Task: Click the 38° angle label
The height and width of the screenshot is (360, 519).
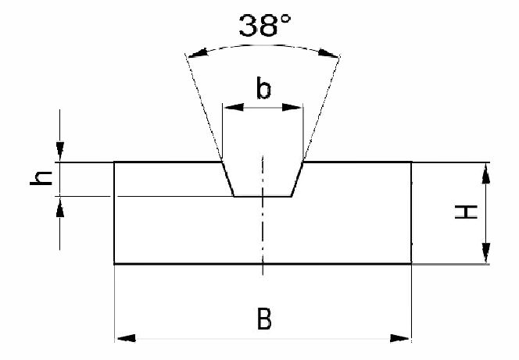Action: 264,26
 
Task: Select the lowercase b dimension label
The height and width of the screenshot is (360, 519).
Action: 264,88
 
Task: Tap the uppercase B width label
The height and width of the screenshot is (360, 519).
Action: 264,319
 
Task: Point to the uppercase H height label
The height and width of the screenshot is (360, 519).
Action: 466,212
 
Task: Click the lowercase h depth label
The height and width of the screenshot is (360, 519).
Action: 41,178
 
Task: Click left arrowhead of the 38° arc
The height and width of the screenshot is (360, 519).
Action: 198,53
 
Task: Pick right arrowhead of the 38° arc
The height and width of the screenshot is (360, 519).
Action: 329,53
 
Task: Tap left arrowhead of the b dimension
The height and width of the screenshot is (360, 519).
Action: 234,107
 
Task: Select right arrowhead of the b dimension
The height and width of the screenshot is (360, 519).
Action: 292,107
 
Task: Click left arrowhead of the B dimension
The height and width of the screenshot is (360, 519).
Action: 126,338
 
